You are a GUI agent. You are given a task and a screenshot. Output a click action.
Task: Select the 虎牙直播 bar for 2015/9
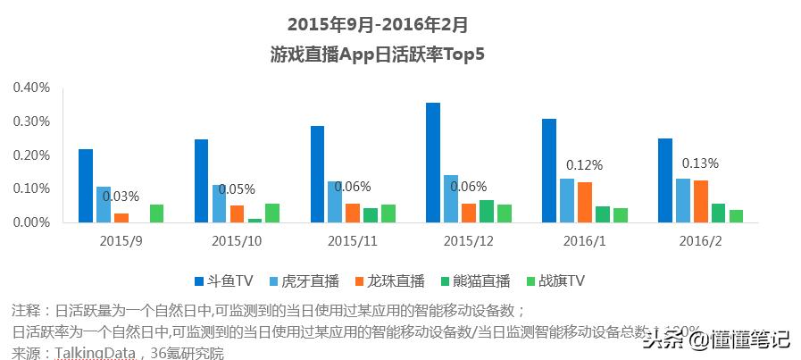pos(104,205)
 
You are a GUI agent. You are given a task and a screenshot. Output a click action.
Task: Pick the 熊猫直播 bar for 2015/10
pos(255,220)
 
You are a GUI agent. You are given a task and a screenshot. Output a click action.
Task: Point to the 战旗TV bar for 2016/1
pos(621,214)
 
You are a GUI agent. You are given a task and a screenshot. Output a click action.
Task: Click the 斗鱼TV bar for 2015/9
pos(86,186)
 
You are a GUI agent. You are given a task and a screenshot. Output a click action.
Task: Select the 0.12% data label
pos(585,165)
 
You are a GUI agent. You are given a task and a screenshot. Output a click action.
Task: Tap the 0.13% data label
pos(700,163)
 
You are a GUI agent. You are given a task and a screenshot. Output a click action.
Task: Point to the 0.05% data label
pos(237,189)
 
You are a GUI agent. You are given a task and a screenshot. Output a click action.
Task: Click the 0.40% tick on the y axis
pos(31,88)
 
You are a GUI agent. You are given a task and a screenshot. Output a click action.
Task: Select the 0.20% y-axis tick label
pos(31,155)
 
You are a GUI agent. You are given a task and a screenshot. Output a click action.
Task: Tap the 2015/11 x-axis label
pos(352,241)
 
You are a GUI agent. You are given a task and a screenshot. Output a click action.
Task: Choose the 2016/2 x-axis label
pos(700,241)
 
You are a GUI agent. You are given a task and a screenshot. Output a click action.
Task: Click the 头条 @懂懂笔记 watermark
pos(719,338)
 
